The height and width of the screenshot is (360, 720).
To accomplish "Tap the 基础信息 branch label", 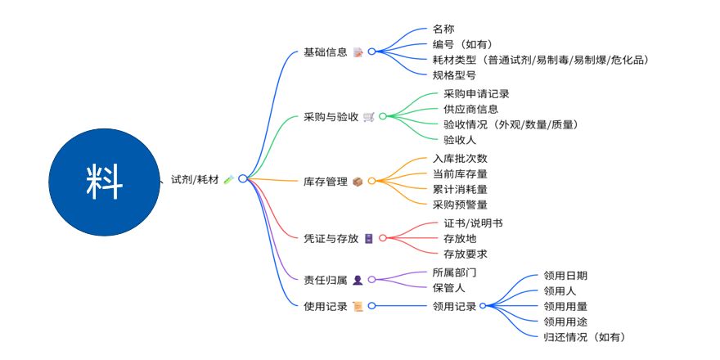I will [325, 52].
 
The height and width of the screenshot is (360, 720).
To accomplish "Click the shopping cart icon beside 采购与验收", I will [369, 116].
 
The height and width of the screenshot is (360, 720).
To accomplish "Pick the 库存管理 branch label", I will [325, 181].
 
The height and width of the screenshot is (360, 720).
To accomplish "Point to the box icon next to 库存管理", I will [358, 181].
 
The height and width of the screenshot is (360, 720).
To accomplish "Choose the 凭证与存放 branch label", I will [331, 238].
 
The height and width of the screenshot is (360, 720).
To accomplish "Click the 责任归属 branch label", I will [325, 280].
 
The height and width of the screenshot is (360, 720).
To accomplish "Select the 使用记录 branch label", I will [325, 306].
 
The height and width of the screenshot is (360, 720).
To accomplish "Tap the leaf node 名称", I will [443, 29].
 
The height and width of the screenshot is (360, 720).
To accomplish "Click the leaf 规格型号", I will [454, 74].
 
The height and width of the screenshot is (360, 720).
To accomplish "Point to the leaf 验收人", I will [448, 140].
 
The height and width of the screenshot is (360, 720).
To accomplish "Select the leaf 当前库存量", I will [460, 173].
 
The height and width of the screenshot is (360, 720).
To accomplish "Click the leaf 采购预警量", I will [460, 205].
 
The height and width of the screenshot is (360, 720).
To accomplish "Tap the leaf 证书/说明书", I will [467, 223].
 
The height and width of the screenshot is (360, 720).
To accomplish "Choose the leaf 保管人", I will [448, 287].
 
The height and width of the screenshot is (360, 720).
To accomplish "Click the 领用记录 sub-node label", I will [454, 306].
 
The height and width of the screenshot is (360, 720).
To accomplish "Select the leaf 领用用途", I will [565, 322].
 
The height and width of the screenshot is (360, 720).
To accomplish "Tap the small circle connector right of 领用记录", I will [483, 306].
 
